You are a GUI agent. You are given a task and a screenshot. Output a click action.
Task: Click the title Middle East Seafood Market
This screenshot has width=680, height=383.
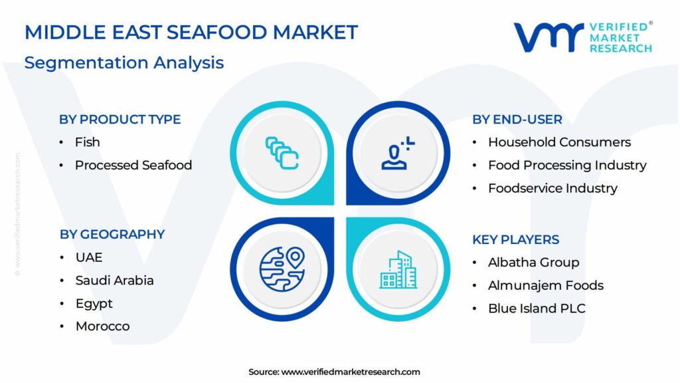click(x=191, y=33)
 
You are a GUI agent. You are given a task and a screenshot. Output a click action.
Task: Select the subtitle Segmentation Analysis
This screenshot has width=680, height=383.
click(x=124, y=63)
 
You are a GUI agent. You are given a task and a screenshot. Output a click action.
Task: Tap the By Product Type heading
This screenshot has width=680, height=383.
click(x=120, y=120)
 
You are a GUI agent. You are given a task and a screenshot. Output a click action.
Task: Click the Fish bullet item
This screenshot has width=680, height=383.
click(x=87, y=142)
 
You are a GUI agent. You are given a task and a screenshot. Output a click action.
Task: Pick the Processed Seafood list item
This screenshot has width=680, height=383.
click(x=133, y=165)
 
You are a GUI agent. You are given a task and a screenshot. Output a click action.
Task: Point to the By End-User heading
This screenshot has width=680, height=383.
click(x=517, y=120)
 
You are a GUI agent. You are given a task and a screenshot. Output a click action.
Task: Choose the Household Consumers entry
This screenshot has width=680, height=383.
click(x=559, y=142)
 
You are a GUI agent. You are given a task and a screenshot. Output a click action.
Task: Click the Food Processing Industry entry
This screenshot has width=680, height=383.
click(x=567, y=165)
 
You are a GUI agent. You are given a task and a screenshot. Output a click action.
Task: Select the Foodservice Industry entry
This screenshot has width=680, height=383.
click(x=552, y=188)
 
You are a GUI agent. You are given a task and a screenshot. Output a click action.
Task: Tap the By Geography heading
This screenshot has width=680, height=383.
click(x=112, y=235)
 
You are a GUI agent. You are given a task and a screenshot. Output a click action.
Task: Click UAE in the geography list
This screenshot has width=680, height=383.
click(x=89, y=257)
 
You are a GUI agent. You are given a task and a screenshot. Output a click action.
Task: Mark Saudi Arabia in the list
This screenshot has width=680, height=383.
click(x=114, y=280)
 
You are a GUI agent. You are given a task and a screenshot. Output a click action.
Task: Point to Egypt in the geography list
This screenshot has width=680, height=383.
click(x=94, y=303)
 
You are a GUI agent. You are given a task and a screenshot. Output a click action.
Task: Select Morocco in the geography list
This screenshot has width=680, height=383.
click(x=102, y=326)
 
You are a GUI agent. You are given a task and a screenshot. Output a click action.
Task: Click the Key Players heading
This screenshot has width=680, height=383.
click(x=515, y=239)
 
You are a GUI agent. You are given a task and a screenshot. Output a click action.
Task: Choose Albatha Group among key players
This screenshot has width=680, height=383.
click(x=533, y=262)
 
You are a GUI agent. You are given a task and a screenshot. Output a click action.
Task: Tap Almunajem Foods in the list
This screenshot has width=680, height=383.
click(x=546, y=285)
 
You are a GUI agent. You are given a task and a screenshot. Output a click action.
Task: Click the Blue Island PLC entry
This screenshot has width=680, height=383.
click(x=537, y=309)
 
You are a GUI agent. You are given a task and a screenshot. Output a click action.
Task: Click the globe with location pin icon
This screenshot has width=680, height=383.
click(x=282, y=269)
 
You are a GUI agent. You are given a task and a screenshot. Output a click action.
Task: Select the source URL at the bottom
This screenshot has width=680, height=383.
click(x=351, y=372)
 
